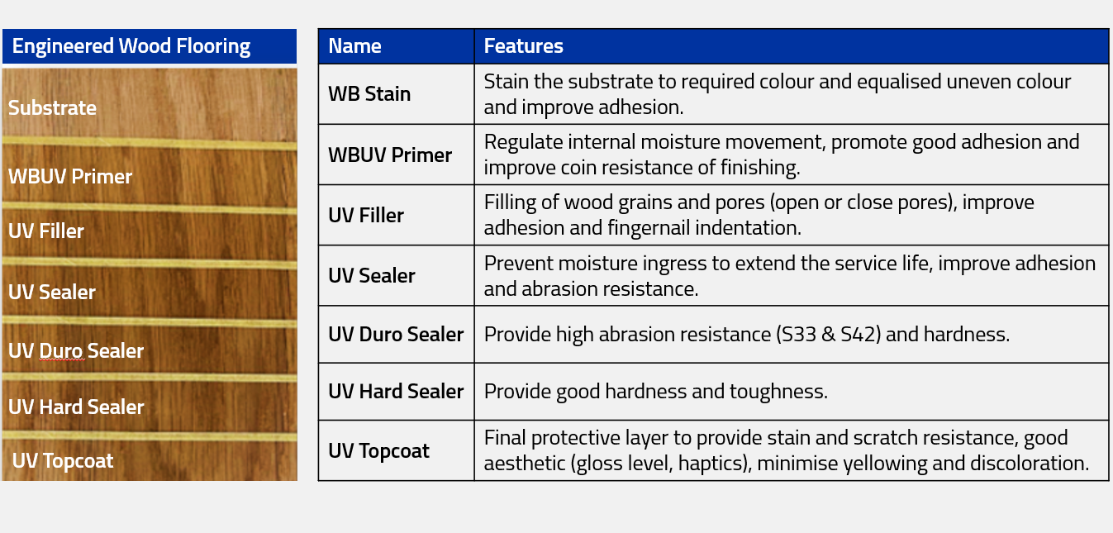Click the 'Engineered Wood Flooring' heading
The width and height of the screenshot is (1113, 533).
tap(131, 46)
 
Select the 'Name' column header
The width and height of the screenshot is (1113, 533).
tap(354, 46)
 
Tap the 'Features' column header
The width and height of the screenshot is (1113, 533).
tap(523, 46)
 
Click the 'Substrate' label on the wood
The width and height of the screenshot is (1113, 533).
tap(52, 107)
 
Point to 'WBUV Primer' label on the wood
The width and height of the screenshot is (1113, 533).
tap(70, 176)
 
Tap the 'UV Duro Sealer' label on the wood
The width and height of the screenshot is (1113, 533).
tap(76, 350)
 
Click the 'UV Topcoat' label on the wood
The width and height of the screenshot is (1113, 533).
tap(63, 461)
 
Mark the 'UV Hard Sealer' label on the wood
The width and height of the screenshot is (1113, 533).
tap(76, 407)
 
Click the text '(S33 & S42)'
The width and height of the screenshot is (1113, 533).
tap(828, 335)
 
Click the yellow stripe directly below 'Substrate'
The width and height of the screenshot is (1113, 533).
tap(150, 143)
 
